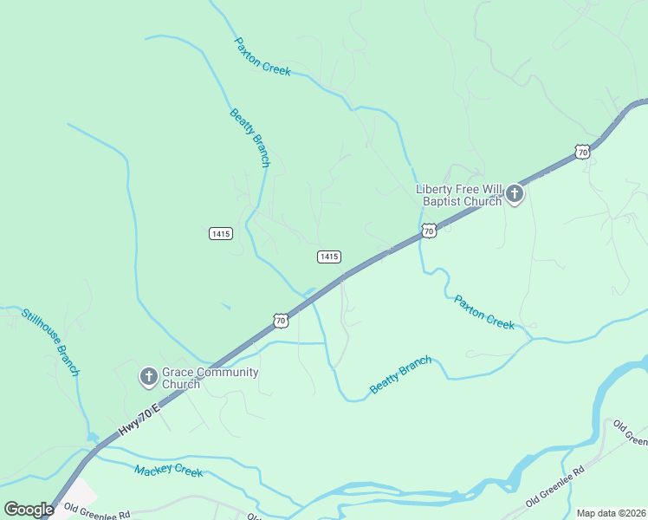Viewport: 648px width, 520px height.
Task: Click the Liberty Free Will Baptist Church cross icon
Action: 515,193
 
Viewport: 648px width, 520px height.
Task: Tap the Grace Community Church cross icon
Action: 148,377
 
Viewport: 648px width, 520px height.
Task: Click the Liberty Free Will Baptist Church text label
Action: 459,195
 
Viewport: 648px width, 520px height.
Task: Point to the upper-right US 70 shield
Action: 582,152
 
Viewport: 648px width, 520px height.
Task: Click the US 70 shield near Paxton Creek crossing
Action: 429,231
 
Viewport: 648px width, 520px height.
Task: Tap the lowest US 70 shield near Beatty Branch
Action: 280,321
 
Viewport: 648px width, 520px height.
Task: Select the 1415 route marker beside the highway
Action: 328,257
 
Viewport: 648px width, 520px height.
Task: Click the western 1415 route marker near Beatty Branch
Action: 220,234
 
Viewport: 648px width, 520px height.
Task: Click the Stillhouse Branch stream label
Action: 50,341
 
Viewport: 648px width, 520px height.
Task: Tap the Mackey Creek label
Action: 168,471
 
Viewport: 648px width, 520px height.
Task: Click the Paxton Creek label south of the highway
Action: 484,312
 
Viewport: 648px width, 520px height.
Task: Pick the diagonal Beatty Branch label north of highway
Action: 250,138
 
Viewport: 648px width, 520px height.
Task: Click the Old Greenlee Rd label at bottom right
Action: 555,486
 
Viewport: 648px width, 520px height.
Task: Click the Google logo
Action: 29,510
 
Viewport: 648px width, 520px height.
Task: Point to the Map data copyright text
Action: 611,513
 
